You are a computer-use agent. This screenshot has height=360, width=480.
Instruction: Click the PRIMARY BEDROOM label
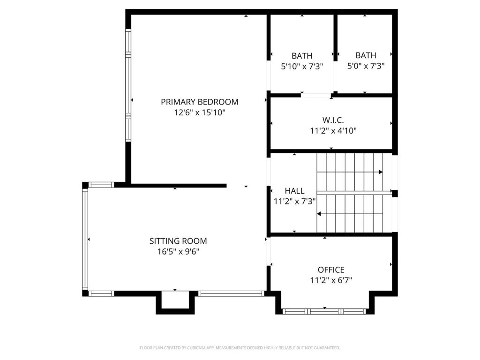pos(199,102)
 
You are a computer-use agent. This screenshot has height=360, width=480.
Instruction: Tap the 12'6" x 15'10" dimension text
pos(199,112)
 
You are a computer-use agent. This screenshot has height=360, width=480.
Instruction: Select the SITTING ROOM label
pos(178,241)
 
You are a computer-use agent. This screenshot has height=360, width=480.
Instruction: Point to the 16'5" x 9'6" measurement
pos(178,252)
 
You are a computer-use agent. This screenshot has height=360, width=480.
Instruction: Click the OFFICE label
pos(331,270)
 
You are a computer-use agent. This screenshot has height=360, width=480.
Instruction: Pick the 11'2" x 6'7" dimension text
pos(331,280)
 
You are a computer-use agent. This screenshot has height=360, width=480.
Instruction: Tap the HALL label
pos(294,191)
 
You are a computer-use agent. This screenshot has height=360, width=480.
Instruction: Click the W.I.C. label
pos(333,120)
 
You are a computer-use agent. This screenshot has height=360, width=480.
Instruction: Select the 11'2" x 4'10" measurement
pos(333,131)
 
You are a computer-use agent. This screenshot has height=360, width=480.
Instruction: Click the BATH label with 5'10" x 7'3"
pos(302,55)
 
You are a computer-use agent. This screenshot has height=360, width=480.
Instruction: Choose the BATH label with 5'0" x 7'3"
pos(366,55)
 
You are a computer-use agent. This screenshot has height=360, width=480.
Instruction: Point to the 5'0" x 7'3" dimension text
pos(366,67)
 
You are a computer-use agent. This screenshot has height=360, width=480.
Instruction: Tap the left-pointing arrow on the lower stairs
pos(319,214)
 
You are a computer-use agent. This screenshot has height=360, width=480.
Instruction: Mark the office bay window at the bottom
pos(324,311)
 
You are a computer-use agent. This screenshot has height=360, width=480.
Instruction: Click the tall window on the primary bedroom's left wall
pos(127,85)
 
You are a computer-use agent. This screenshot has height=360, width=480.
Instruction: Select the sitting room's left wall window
pos(85,239)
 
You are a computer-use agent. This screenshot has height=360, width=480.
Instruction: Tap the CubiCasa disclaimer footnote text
pos(240,348)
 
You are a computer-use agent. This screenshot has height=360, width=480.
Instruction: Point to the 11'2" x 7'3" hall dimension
pos(294,202)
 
